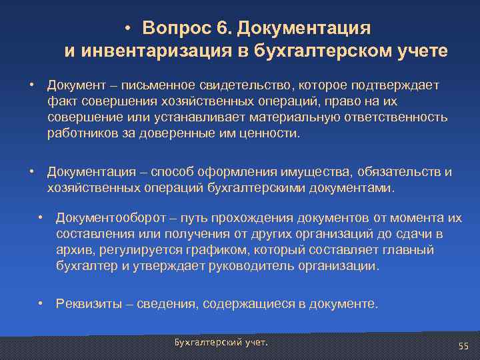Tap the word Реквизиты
click(x=88, y=305)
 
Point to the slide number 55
click(x=464, y=345)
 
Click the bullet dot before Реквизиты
click(x=41, y=304)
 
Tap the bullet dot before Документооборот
click(x=41, y=218)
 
